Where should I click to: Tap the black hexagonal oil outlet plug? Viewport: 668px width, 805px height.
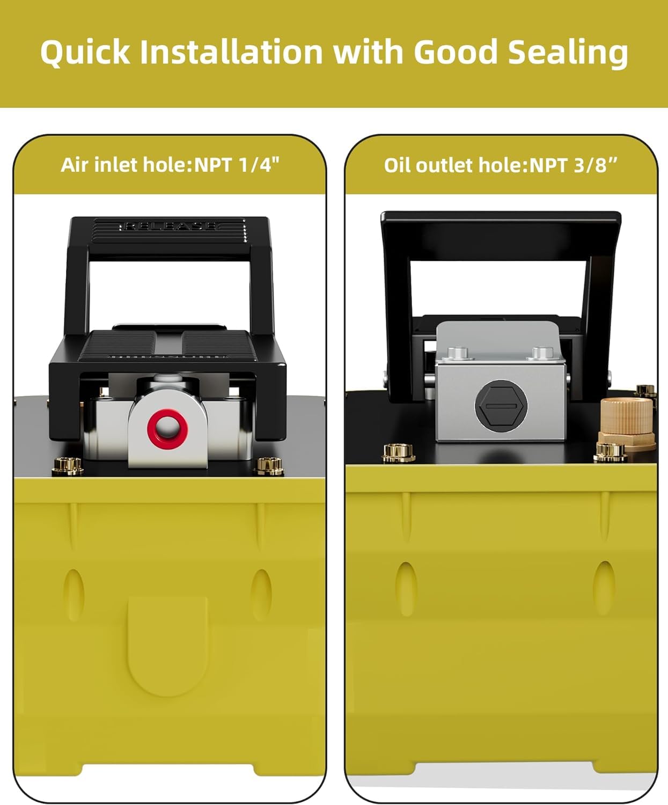click(x=501, y=405)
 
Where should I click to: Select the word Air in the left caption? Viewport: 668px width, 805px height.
click(x=75, y=165)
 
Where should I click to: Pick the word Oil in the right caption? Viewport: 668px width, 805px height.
click(x=398, y=165)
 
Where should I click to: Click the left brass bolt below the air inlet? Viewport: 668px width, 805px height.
click(x=68, y=466)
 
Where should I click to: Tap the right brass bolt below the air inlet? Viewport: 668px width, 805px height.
click(x=269, y=466)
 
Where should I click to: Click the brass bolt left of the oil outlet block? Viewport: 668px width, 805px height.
click(x=399, y=452)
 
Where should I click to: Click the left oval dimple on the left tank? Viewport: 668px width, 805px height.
click(x=74, y=594)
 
